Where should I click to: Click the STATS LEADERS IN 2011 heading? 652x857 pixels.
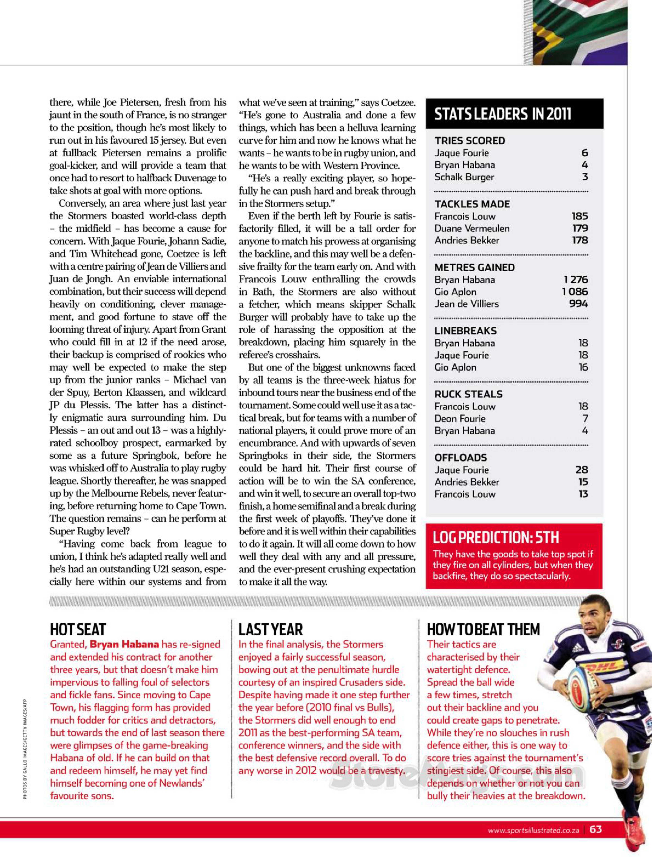click(503, 114)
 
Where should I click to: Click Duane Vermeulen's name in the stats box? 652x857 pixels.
click(472, 229)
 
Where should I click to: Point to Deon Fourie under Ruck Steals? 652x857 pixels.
click(460, 419)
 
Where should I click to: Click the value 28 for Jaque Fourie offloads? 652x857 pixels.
click(581, 470)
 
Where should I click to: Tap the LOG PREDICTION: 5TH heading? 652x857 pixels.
click(496, 538)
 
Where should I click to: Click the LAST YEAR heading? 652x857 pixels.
click(271, 629)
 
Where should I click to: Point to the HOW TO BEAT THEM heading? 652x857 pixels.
click(483, 629)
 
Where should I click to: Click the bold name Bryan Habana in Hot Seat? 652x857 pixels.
click(124, 644)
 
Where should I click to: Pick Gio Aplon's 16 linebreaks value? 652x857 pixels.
click(583, 367)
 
